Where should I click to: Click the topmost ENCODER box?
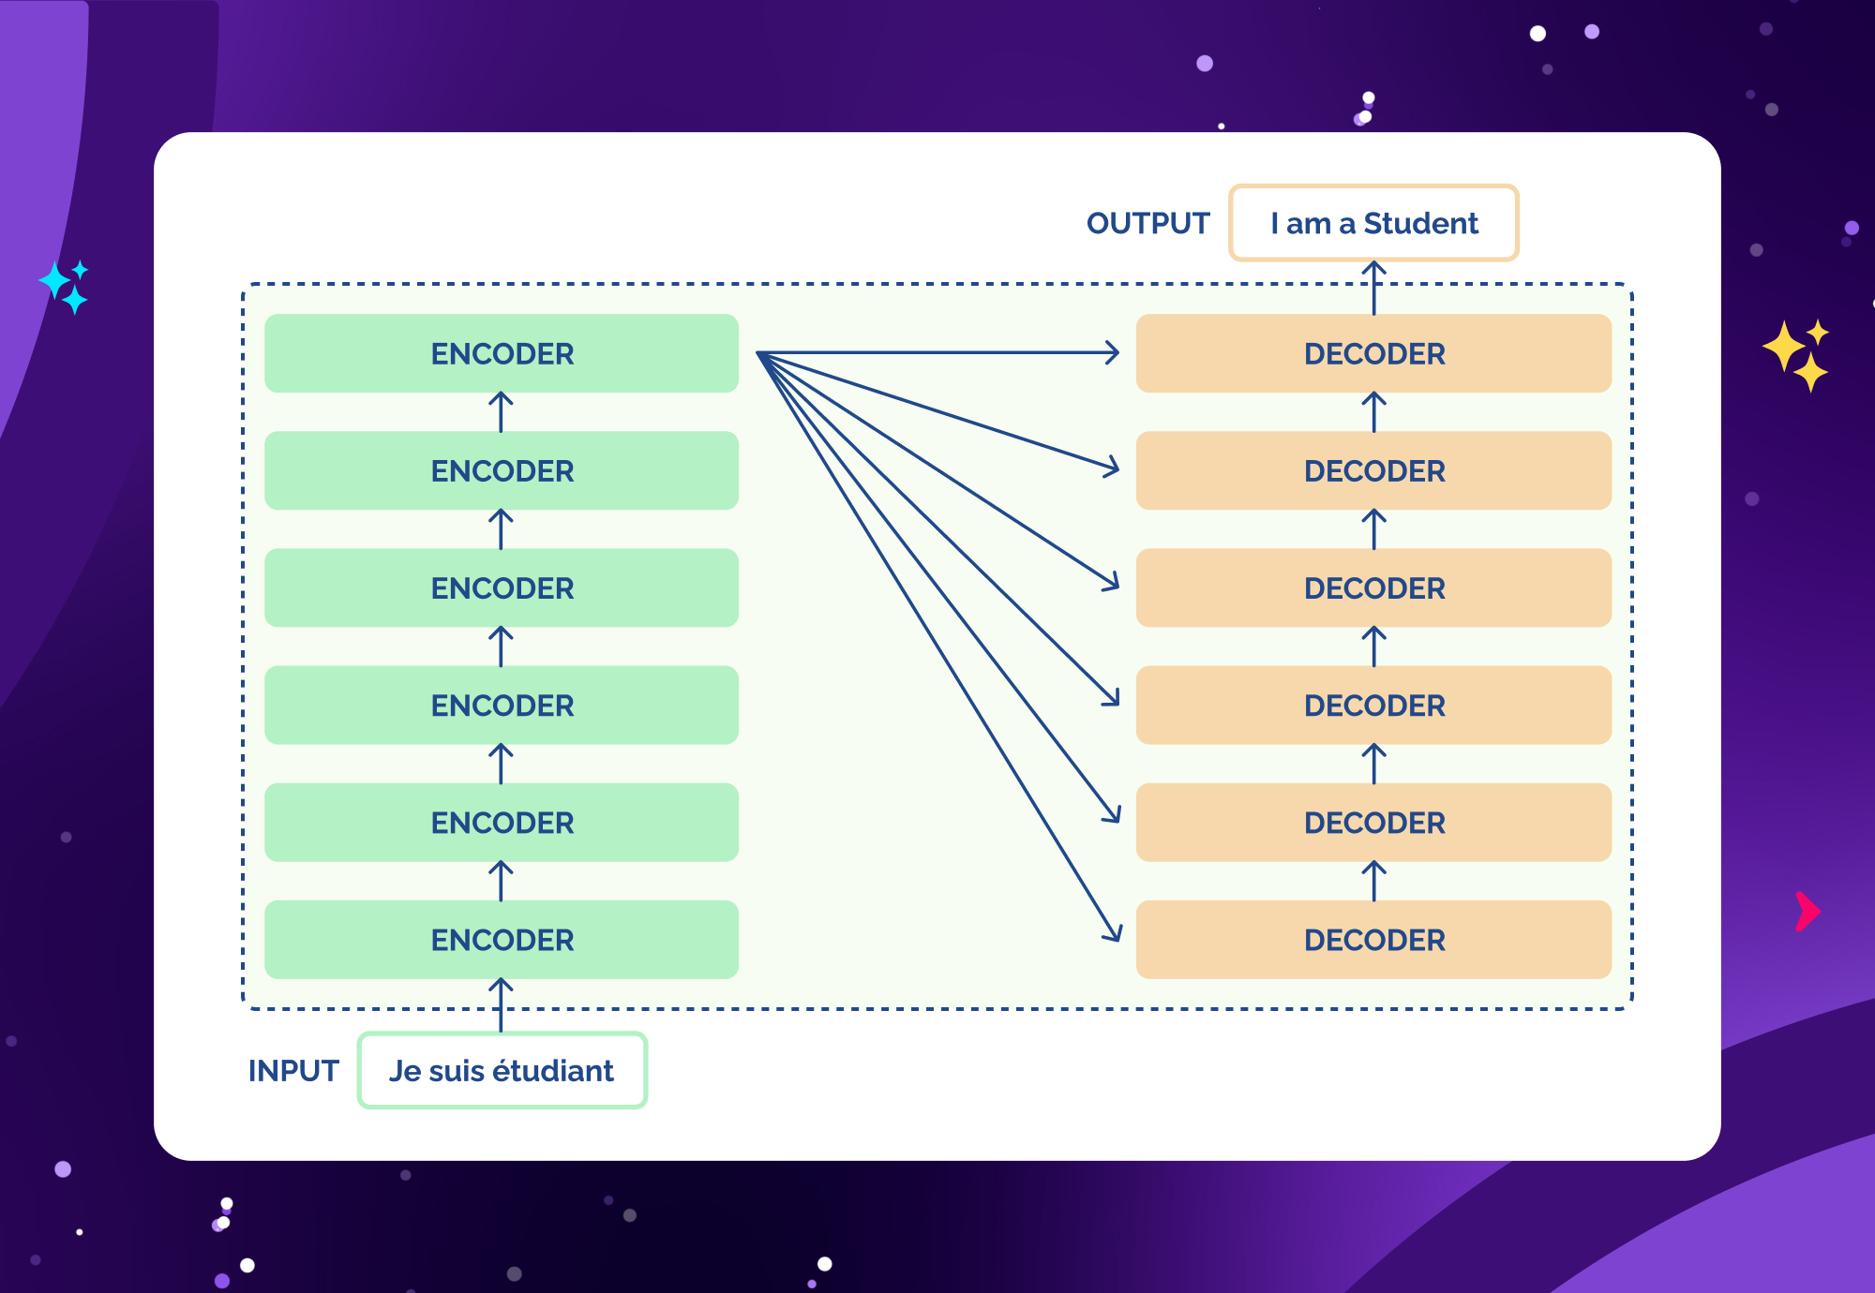[x=502, y=353]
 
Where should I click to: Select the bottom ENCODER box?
[x=502, y=940]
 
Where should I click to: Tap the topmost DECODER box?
[x=1373, y=353]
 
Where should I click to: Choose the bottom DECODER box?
[x=1373, y=940]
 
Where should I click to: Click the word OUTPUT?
[x=1147, y=223]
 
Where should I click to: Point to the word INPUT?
[x=293, y=1070]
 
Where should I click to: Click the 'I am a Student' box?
[x=1373, y=223]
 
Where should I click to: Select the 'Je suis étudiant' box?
[x=502, y=1070]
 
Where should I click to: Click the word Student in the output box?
[x=1420, y=223]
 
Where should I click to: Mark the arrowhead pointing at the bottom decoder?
[x=1114, y=933]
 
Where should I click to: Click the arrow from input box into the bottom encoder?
[x=502, y=1004]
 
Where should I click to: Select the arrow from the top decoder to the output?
[x=1373, y=288]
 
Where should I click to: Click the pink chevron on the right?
[x=1807, y=912]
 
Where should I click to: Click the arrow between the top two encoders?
[x=502, y=412]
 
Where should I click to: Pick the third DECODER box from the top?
[x=1373, y=587]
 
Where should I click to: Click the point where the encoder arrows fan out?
[x=759, y=354]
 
